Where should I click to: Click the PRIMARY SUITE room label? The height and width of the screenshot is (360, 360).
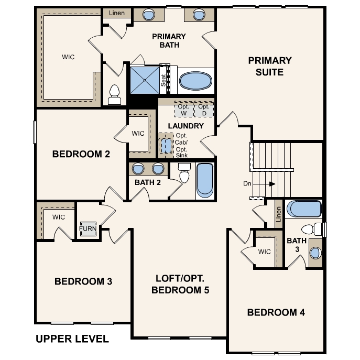tap(270, 67)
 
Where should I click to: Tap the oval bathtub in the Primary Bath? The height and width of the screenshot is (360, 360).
tap(196, 81)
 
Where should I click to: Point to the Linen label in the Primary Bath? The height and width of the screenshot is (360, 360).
tap(117, 13)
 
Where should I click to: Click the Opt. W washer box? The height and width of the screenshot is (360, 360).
tap(182, 110)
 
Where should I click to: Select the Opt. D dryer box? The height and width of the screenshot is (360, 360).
tap(204, 110)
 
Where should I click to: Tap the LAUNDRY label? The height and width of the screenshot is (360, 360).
tap(186, 126)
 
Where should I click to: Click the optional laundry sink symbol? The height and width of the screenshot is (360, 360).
tap(167, 145)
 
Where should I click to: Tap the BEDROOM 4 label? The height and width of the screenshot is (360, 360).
tap(276, 313)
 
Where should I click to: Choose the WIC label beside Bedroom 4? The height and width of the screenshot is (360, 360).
tap(265, 252)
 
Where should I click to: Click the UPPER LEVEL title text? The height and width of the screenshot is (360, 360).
tap(72, 339)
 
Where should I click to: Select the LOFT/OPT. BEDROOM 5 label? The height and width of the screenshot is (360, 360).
tap(180, 284)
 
